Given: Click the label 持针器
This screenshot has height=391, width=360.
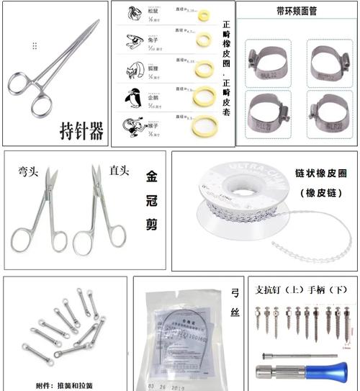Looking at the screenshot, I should [x=81, y=130].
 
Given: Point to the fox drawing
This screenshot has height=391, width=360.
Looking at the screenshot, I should [x=131, y=69].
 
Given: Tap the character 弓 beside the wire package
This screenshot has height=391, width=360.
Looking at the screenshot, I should [x=235, y=292].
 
